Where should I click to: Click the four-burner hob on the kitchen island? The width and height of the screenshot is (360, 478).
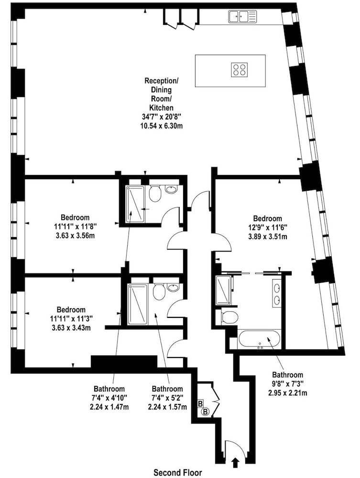click(240, 68)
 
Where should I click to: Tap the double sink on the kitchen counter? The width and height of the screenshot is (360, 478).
click(239, 16)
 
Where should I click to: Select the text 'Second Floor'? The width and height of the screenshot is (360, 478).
click(178, 473)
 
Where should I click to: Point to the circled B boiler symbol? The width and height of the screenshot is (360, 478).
click(206, 412)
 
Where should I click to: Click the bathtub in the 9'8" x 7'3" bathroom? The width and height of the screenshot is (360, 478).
click(259, 339)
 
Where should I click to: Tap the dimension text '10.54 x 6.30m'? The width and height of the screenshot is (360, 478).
click(161, 125)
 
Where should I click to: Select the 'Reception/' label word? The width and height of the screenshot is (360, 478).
click(161, 81)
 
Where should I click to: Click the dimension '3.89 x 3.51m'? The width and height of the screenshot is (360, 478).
click(268, 236)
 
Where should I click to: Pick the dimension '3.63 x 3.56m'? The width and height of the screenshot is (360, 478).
click(75, 236)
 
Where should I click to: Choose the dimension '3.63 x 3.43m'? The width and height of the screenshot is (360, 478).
click(71, 328)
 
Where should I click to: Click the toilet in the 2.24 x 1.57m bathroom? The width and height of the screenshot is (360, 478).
click(159, 292)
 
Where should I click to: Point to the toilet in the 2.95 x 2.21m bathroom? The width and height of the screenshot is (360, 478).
click(229, 317)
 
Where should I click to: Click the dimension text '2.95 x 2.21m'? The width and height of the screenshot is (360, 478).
click(287, 393)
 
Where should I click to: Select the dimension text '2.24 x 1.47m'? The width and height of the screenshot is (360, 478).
click(109, 407)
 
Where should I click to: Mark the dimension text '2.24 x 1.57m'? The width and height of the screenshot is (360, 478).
click(167, 407)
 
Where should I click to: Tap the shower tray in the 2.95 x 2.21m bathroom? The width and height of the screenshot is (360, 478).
click(224, 290)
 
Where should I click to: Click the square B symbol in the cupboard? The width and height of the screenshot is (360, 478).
click(200, 404)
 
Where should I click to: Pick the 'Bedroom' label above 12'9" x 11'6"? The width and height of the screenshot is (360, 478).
click(268, 218)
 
